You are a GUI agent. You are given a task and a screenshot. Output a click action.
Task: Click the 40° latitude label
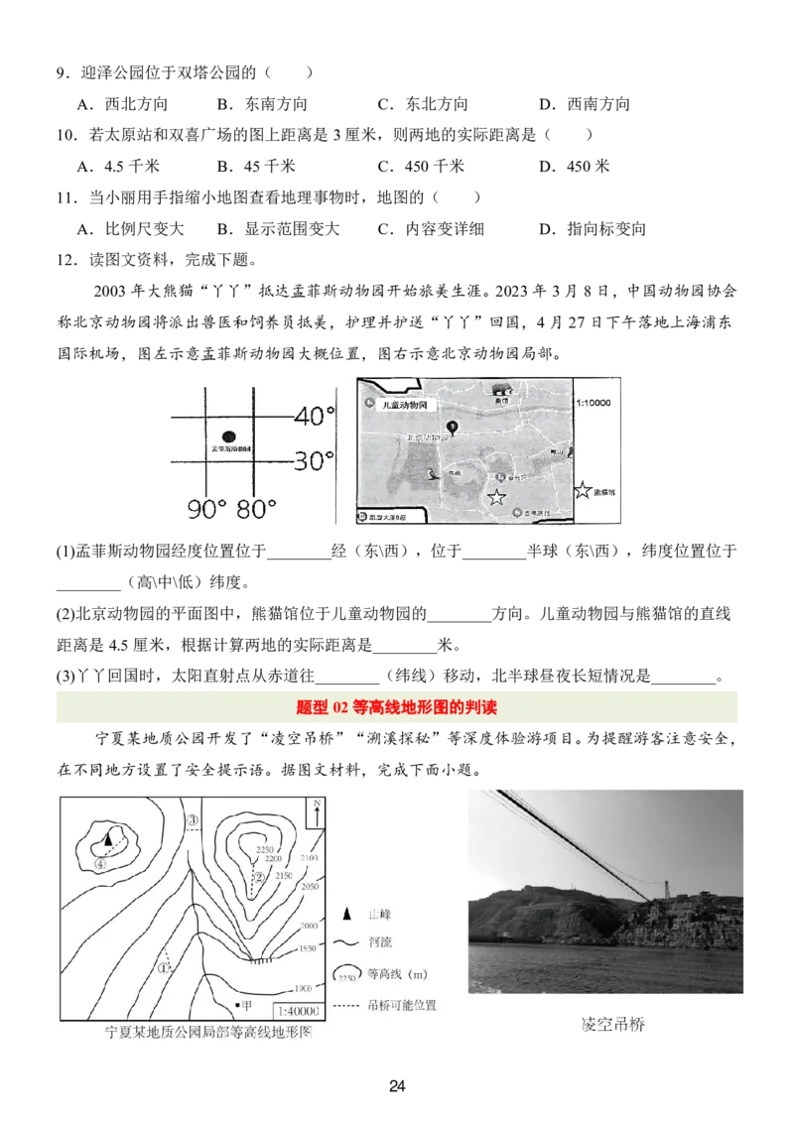315,417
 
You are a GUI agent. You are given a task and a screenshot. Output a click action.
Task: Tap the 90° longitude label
207,510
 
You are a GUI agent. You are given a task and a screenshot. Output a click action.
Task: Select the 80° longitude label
256,510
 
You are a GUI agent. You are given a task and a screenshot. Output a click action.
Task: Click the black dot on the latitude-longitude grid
229,436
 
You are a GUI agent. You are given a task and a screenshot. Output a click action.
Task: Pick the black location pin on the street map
453,428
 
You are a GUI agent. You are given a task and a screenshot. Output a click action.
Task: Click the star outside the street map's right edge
584,490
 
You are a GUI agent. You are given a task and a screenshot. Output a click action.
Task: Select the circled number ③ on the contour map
193,819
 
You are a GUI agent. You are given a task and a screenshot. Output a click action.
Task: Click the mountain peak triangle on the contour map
107,838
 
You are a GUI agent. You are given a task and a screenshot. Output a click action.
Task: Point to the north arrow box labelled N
315,812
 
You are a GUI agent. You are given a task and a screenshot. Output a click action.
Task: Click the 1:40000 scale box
297,1011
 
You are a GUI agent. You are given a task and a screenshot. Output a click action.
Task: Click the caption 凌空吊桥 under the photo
612,1025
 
